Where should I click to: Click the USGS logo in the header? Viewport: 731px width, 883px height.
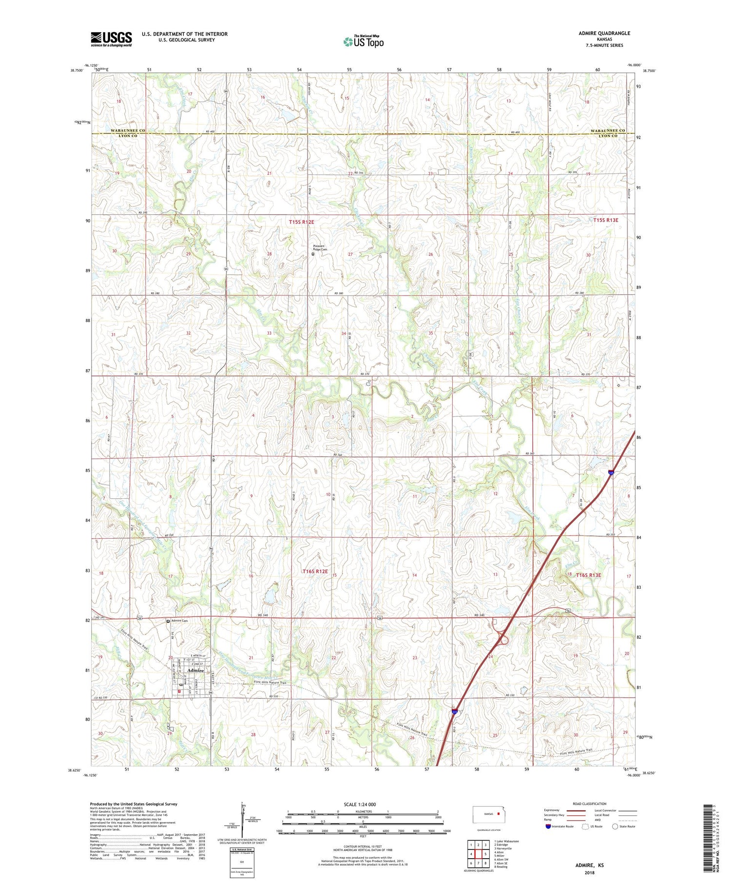point(111,39)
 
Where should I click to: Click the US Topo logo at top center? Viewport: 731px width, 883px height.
point(363,42)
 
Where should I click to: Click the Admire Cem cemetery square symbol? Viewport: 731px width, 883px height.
point(169,621)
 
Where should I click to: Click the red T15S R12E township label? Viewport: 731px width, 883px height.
point(301,222)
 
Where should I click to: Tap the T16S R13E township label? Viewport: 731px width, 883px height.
point(589,575)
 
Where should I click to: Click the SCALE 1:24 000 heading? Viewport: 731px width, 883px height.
point(360,804)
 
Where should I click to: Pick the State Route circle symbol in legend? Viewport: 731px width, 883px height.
point(615,826)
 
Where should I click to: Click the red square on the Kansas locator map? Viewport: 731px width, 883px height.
point(499,813)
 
